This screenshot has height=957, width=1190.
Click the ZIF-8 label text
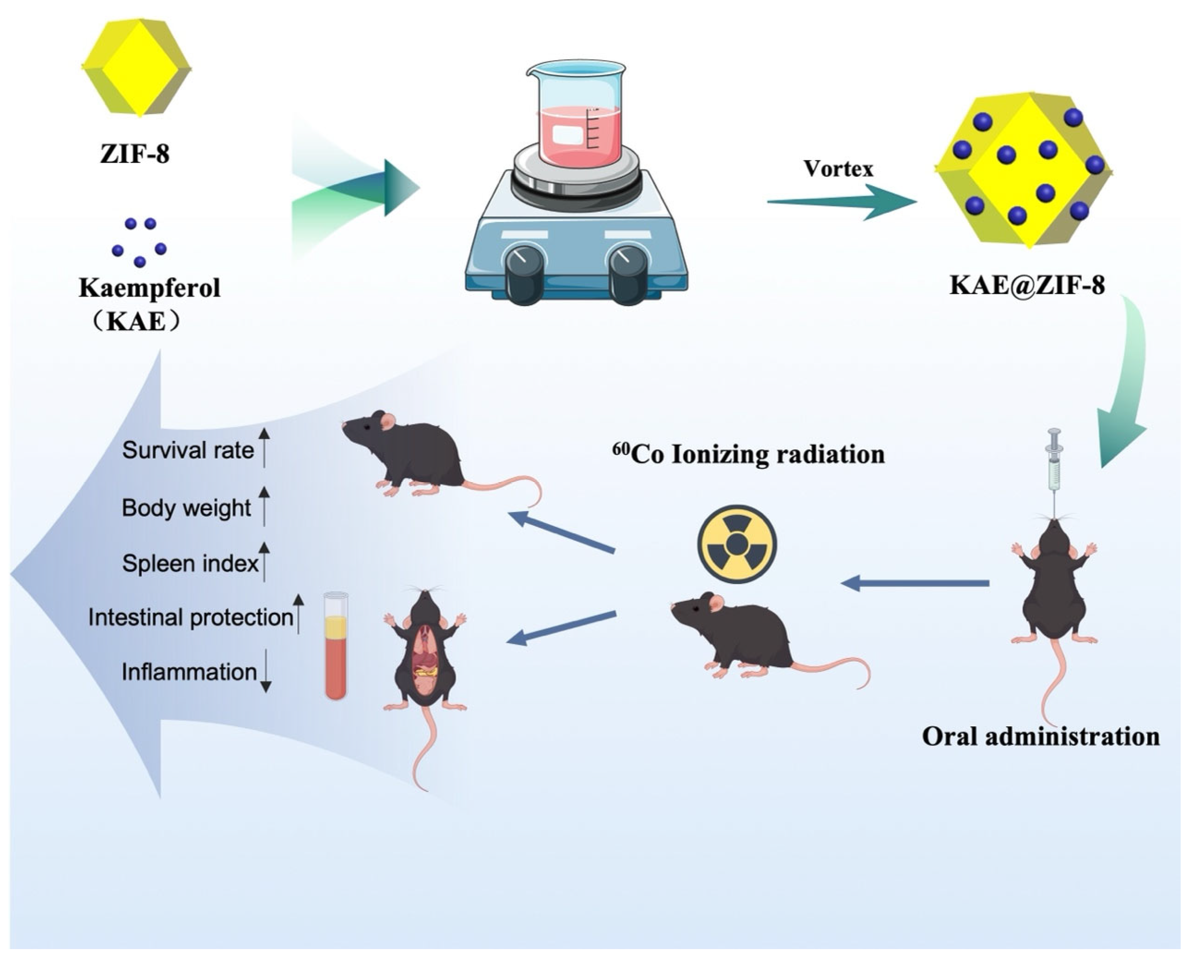point(135,153)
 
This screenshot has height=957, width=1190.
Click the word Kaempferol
point(149,288)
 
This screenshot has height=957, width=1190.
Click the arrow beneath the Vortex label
point(842,202)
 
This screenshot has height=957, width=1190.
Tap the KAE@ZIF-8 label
point(1027,286)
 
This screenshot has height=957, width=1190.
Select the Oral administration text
point(1040,737)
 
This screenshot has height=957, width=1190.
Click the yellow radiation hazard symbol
point(736,544)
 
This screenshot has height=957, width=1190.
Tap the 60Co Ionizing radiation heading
point(748,454)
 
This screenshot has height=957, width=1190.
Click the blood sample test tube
point(336,646)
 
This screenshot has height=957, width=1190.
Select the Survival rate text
point(188,450)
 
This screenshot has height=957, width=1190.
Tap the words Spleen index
point(190,563)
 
